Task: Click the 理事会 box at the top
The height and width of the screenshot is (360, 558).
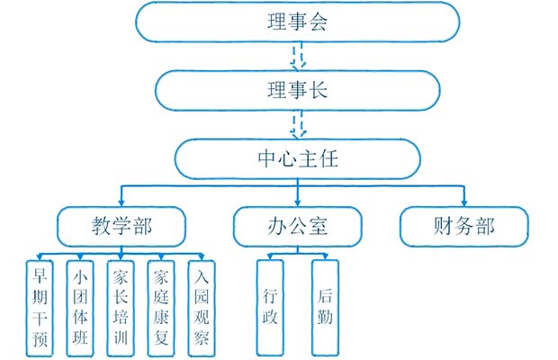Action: [x=296, y=22]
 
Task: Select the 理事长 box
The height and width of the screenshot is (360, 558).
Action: [x=296, y=89]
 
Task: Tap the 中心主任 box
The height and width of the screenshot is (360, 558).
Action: [x=296, y=159]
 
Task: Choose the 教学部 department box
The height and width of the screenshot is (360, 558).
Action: [x=121, y=226]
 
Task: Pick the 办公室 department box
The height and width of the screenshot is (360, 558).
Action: [x=296, y=226]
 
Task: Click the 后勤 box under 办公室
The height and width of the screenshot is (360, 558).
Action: [x=324, y=305]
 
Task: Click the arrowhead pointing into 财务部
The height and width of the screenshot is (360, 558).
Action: [x=463, y=201]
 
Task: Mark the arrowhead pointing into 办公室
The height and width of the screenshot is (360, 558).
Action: [x=297, y=201]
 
